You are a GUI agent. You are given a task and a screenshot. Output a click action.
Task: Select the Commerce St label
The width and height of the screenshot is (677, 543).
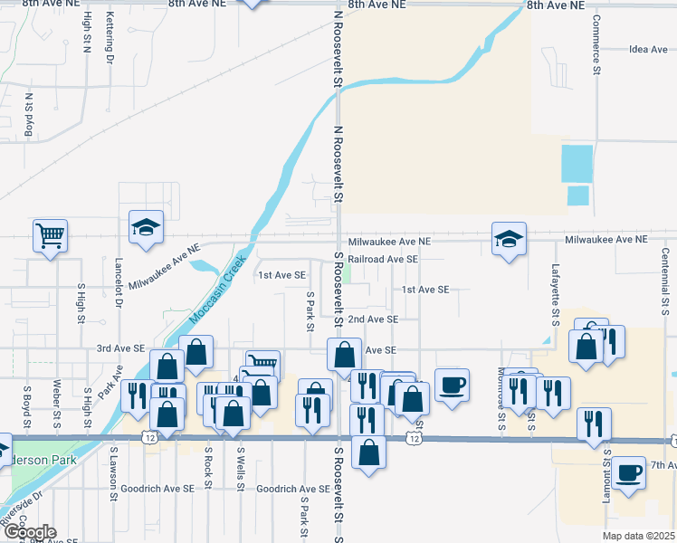(x=596, y=43)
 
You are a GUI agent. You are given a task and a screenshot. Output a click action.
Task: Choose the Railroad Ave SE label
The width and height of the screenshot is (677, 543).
(x=383, y=259)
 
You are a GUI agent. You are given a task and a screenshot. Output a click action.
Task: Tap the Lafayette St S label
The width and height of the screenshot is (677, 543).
(x=556, y=295)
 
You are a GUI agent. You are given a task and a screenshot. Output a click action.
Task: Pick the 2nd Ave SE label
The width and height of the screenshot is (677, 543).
(x=373, y=319)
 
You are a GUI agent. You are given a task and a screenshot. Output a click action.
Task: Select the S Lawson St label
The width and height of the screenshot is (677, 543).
(x=114, y=472)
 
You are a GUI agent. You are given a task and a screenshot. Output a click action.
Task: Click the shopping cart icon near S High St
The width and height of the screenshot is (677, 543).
(x=51, y=236)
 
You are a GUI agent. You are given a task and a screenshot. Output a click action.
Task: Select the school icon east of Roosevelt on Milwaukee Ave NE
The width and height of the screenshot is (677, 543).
(x=509, y=239)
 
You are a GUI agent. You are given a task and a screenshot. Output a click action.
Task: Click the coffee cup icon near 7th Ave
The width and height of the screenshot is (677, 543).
(x=628, y=472)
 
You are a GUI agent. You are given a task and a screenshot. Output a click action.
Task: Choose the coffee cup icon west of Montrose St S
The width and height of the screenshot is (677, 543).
(x=452, y=384)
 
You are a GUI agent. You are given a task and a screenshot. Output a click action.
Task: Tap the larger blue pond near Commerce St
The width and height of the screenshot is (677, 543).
(x=577, y=163)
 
